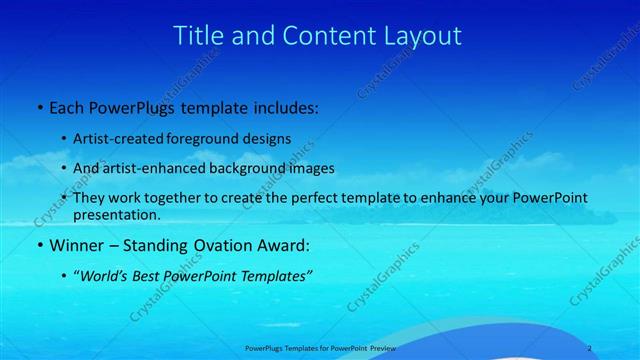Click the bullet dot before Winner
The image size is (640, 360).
pos(38,246)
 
